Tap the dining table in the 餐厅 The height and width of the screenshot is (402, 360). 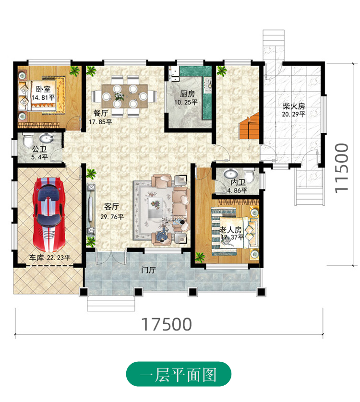[x=124, y=96]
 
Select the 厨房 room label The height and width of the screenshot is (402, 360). [x=187, y=94]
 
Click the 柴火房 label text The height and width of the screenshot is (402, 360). [x=294, y=106]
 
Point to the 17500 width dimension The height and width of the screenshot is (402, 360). [x=167, y=324]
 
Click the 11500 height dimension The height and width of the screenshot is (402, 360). [x=342, y=168]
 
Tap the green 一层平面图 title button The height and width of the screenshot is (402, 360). [x=179, y=374]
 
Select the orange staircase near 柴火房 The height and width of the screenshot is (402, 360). [x=250, y=128]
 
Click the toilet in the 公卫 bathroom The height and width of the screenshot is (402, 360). [x=28, y=140]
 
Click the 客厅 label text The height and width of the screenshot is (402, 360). [x=112, y=207]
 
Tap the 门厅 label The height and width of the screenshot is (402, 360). [x=148, y=270]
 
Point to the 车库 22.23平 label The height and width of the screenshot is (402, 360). [x=49, y=258]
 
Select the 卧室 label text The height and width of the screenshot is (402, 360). [x=43, y=89]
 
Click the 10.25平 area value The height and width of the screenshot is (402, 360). [x=186, y=102]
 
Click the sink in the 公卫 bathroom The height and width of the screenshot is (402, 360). [x=47, y=138]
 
